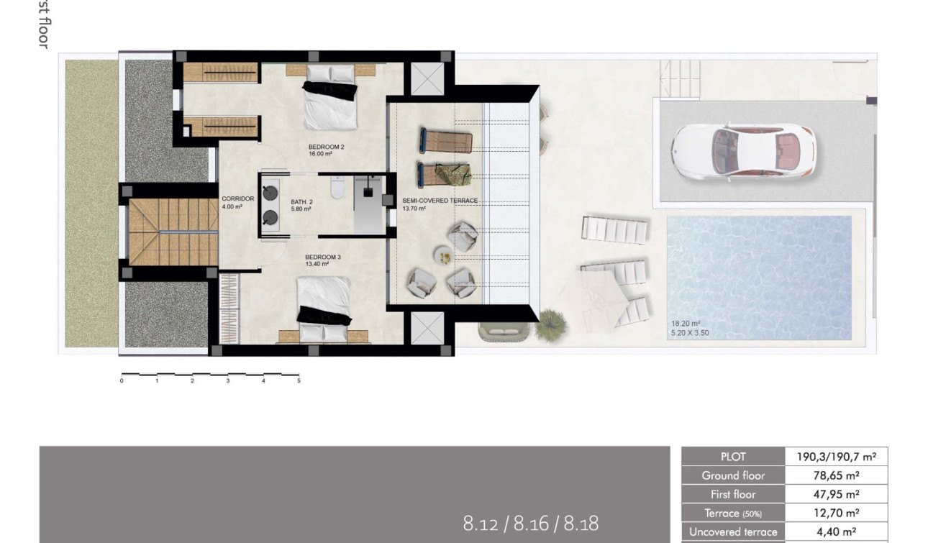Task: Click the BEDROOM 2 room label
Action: click(326, 147)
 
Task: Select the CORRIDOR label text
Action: click(237, 199)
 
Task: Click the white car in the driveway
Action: click(743, 151)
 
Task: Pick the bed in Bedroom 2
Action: click(329, 99)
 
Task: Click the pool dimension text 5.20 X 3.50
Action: click(690, 333)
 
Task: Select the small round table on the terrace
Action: click(444, 253)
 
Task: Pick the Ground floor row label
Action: click(733, 475)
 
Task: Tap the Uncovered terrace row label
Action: click(733, 532)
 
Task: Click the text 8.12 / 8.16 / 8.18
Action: click(530, 523)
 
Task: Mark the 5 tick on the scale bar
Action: click(299, 380)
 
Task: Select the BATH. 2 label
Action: click(301, 202)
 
